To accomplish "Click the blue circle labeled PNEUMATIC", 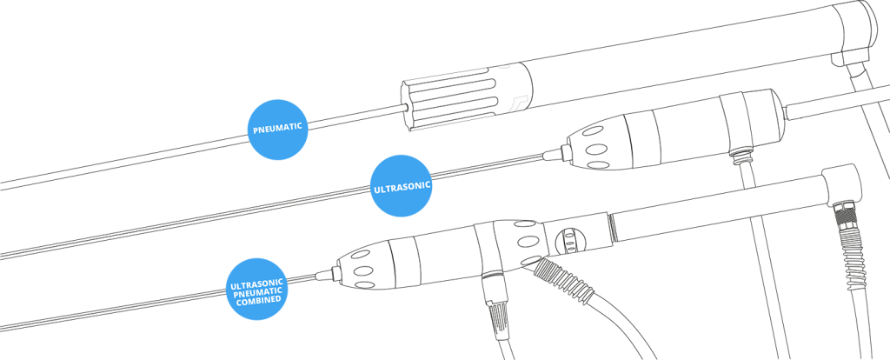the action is point(278,130).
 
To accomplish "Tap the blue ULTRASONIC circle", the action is point(402,186).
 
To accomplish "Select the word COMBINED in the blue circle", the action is point(260,298).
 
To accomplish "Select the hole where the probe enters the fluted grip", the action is point(407,105).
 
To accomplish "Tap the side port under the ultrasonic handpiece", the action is point(739,155).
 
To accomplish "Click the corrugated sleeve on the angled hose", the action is point(563,278).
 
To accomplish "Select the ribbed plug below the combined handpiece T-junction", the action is point(494,310).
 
